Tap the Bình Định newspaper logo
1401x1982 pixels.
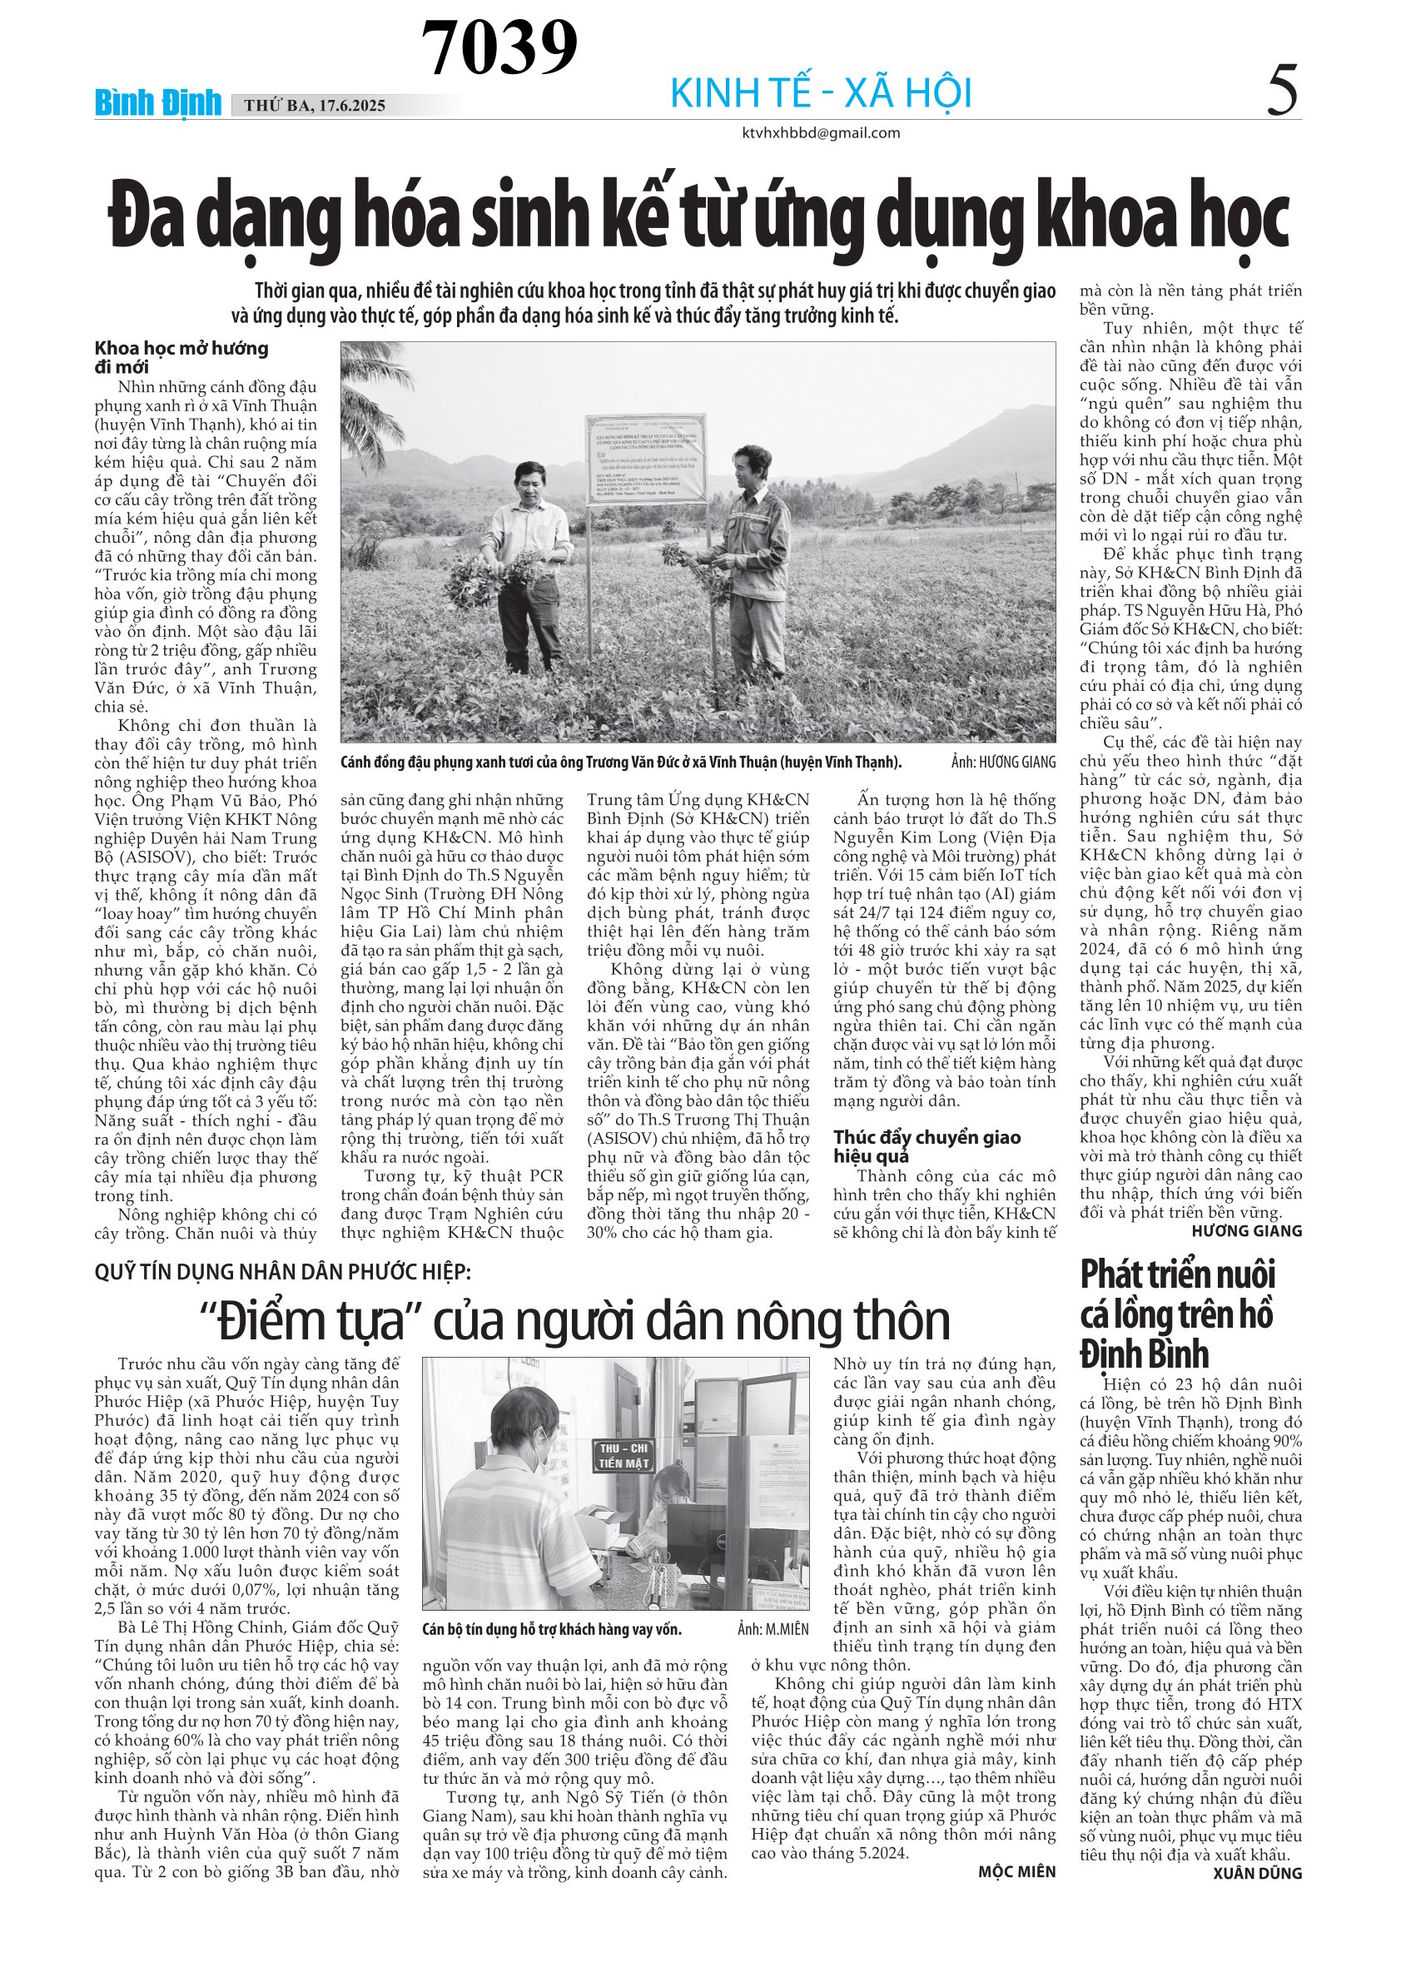pos(158,103)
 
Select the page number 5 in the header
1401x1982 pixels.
pos(1282,92)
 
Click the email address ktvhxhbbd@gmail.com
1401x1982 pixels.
pos(821,133)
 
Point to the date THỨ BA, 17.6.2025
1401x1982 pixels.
pos(314,107)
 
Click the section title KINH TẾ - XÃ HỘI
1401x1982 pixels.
pos(821,93)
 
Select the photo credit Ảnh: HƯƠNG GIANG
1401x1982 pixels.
pos(1003,762)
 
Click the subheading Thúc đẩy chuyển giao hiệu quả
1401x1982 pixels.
pos(927,1146)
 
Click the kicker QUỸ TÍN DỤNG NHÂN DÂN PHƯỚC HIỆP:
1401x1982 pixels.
pos(283,1272)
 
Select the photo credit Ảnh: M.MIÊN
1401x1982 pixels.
pos(773,1630)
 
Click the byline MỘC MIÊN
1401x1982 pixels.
pos(1016,1871)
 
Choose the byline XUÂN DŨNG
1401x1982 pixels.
pos(1257,1873)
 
